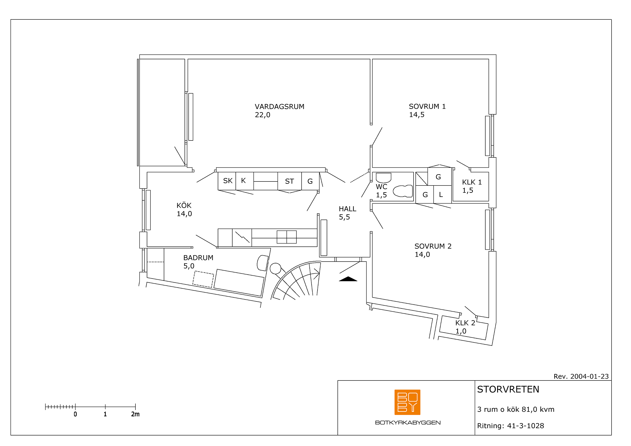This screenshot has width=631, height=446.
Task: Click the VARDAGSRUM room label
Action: (x=279, y=107)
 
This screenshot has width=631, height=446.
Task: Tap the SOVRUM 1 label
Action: (x=427, y=106)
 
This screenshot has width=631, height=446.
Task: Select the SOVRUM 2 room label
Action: (x=433, y=246)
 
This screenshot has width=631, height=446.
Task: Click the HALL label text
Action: (x=347, y=209)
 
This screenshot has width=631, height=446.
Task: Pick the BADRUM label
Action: (x=198, y=258)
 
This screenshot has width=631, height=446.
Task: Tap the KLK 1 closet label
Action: (x=472, y=182)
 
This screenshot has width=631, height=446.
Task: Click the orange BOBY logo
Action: (x=407, y=402)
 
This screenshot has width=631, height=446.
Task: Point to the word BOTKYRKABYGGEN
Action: (x=408, y=423)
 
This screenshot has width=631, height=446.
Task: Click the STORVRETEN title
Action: (x=508, y=389)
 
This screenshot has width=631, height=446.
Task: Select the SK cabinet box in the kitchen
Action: (x=227, y=181)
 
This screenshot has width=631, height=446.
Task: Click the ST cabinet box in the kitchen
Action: (x=289, y=181)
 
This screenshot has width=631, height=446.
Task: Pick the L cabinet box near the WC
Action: (x=442, y=194)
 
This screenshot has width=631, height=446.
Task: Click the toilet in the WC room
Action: (x=403, y=191)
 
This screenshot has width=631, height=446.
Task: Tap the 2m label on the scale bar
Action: (x=135, y=414)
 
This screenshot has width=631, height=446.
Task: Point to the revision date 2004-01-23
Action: (x=589, y=376)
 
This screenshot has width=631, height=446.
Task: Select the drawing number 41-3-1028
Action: (x=526, y=426)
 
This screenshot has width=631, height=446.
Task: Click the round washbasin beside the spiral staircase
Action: (x=275, y=269)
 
